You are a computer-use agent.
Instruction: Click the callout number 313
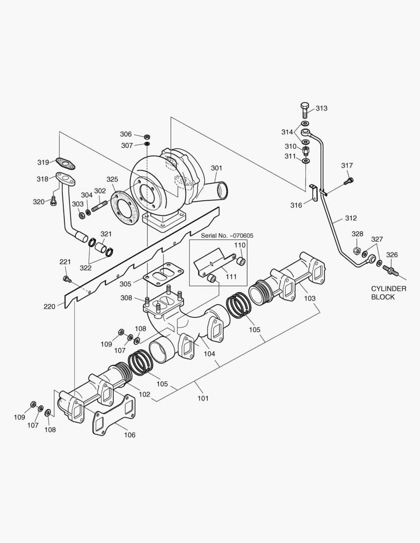tap(321, 109)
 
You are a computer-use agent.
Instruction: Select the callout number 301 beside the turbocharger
tap(216, 168)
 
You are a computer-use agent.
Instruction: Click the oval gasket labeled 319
tap(64, 162)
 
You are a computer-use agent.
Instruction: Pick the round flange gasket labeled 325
tap(123, 208)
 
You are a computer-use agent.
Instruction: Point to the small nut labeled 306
tap(147, 136)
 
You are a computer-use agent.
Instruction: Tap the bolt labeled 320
tap(53, 201)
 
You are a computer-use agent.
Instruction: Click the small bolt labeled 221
tap(65, 279)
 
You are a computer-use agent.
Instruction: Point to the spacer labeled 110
tap(241, 260)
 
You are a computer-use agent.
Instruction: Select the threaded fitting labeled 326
tap(390, 270)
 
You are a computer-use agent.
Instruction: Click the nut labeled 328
tap(357, 250)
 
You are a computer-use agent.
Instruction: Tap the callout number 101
tap(203, 399)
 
